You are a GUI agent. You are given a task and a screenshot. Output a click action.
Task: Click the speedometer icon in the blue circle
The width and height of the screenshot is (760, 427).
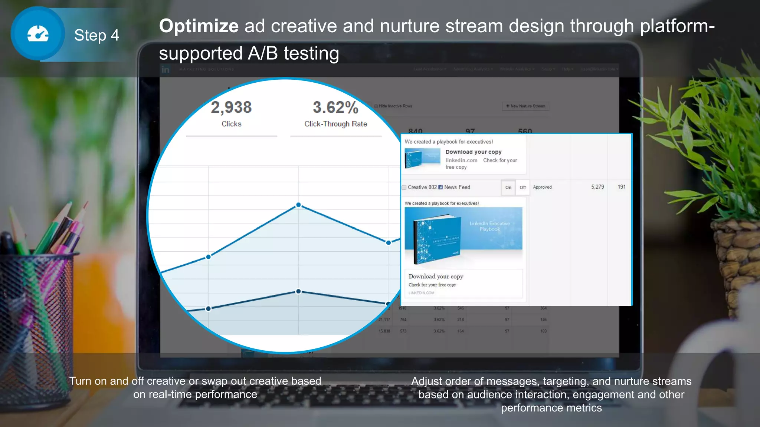coord(38,34)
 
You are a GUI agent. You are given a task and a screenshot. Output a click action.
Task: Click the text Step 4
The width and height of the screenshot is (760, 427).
coord(96,36)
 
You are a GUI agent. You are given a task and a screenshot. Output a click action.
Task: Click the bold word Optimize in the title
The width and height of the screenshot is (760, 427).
coord(199,26)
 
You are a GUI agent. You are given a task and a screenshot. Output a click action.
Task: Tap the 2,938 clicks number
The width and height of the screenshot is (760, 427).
coord(231,107)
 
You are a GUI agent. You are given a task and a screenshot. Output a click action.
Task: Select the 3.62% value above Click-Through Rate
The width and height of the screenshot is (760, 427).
coord(335,107)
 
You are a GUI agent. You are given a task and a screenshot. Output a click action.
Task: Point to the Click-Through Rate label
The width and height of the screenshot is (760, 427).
coord(335,124)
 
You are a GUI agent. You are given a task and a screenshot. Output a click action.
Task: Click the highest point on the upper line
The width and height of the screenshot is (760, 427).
coord(298,205)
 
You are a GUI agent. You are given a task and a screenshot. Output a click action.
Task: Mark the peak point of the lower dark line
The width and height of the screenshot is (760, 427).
coord(298,291)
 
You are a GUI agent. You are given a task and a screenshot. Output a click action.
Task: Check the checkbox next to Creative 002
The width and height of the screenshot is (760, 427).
coord(404,188)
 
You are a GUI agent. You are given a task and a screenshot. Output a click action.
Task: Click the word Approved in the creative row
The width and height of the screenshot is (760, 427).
coord(542,187)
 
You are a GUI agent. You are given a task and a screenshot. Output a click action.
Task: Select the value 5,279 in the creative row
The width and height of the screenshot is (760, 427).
coord(597,187)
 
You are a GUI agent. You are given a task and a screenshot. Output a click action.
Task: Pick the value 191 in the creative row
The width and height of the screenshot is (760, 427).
coord(622,187)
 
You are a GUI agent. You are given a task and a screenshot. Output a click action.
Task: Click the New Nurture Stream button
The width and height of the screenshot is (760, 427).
coord(525,106)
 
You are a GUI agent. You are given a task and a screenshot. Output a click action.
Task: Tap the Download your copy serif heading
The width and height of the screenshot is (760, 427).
coord(436,277)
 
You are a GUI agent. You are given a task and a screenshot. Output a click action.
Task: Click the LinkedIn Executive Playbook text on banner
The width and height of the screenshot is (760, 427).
coord(489,226)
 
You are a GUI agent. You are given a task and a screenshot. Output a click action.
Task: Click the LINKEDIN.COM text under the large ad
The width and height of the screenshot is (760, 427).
coord(421,293)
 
